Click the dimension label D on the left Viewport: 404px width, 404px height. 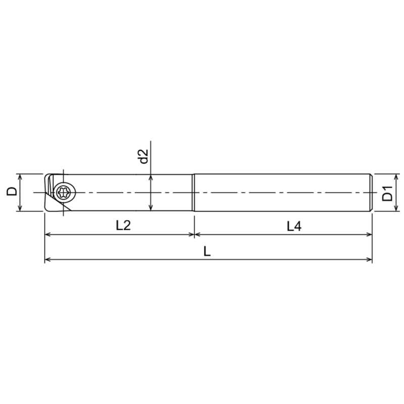pyautogui.click(x=11, y=192)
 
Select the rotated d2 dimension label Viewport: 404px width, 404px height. pyautogui.click(x=143, y=156)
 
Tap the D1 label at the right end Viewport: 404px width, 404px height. pyautogui.click(x=387, y=193)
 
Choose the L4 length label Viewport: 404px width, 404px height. pyautogui.click(x=294, y=226)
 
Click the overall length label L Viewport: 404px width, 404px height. pyautogui.click(x=207, y=251)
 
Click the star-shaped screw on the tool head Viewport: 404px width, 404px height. pyautogui.click(x=65, y=192)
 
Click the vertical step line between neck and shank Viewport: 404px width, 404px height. pyautogui.click(x=194, y=192)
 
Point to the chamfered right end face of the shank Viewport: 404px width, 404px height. pyautogui.click(x=372, y=192)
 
